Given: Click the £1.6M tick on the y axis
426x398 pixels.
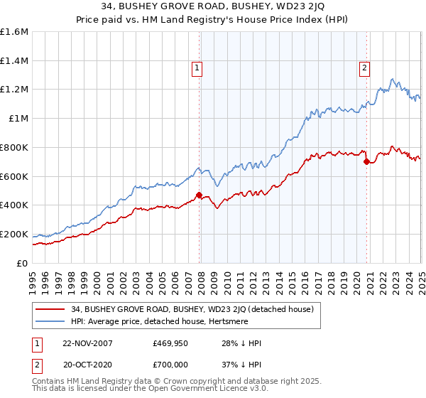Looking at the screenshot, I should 14,32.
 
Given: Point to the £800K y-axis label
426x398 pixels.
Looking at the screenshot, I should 14,148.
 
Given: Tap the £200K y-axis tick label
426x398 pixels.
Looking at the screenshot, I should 14,234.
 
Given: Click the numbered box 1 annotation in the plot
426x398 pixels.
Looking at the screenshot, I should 197,69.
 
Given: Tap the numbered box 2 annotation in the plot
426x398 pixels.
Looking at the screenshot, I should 364,69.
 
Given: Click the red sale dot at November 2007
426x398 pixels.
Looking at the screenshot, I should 200,195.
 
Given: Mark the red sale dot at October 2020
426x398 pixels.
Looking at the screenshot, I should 366,161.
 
